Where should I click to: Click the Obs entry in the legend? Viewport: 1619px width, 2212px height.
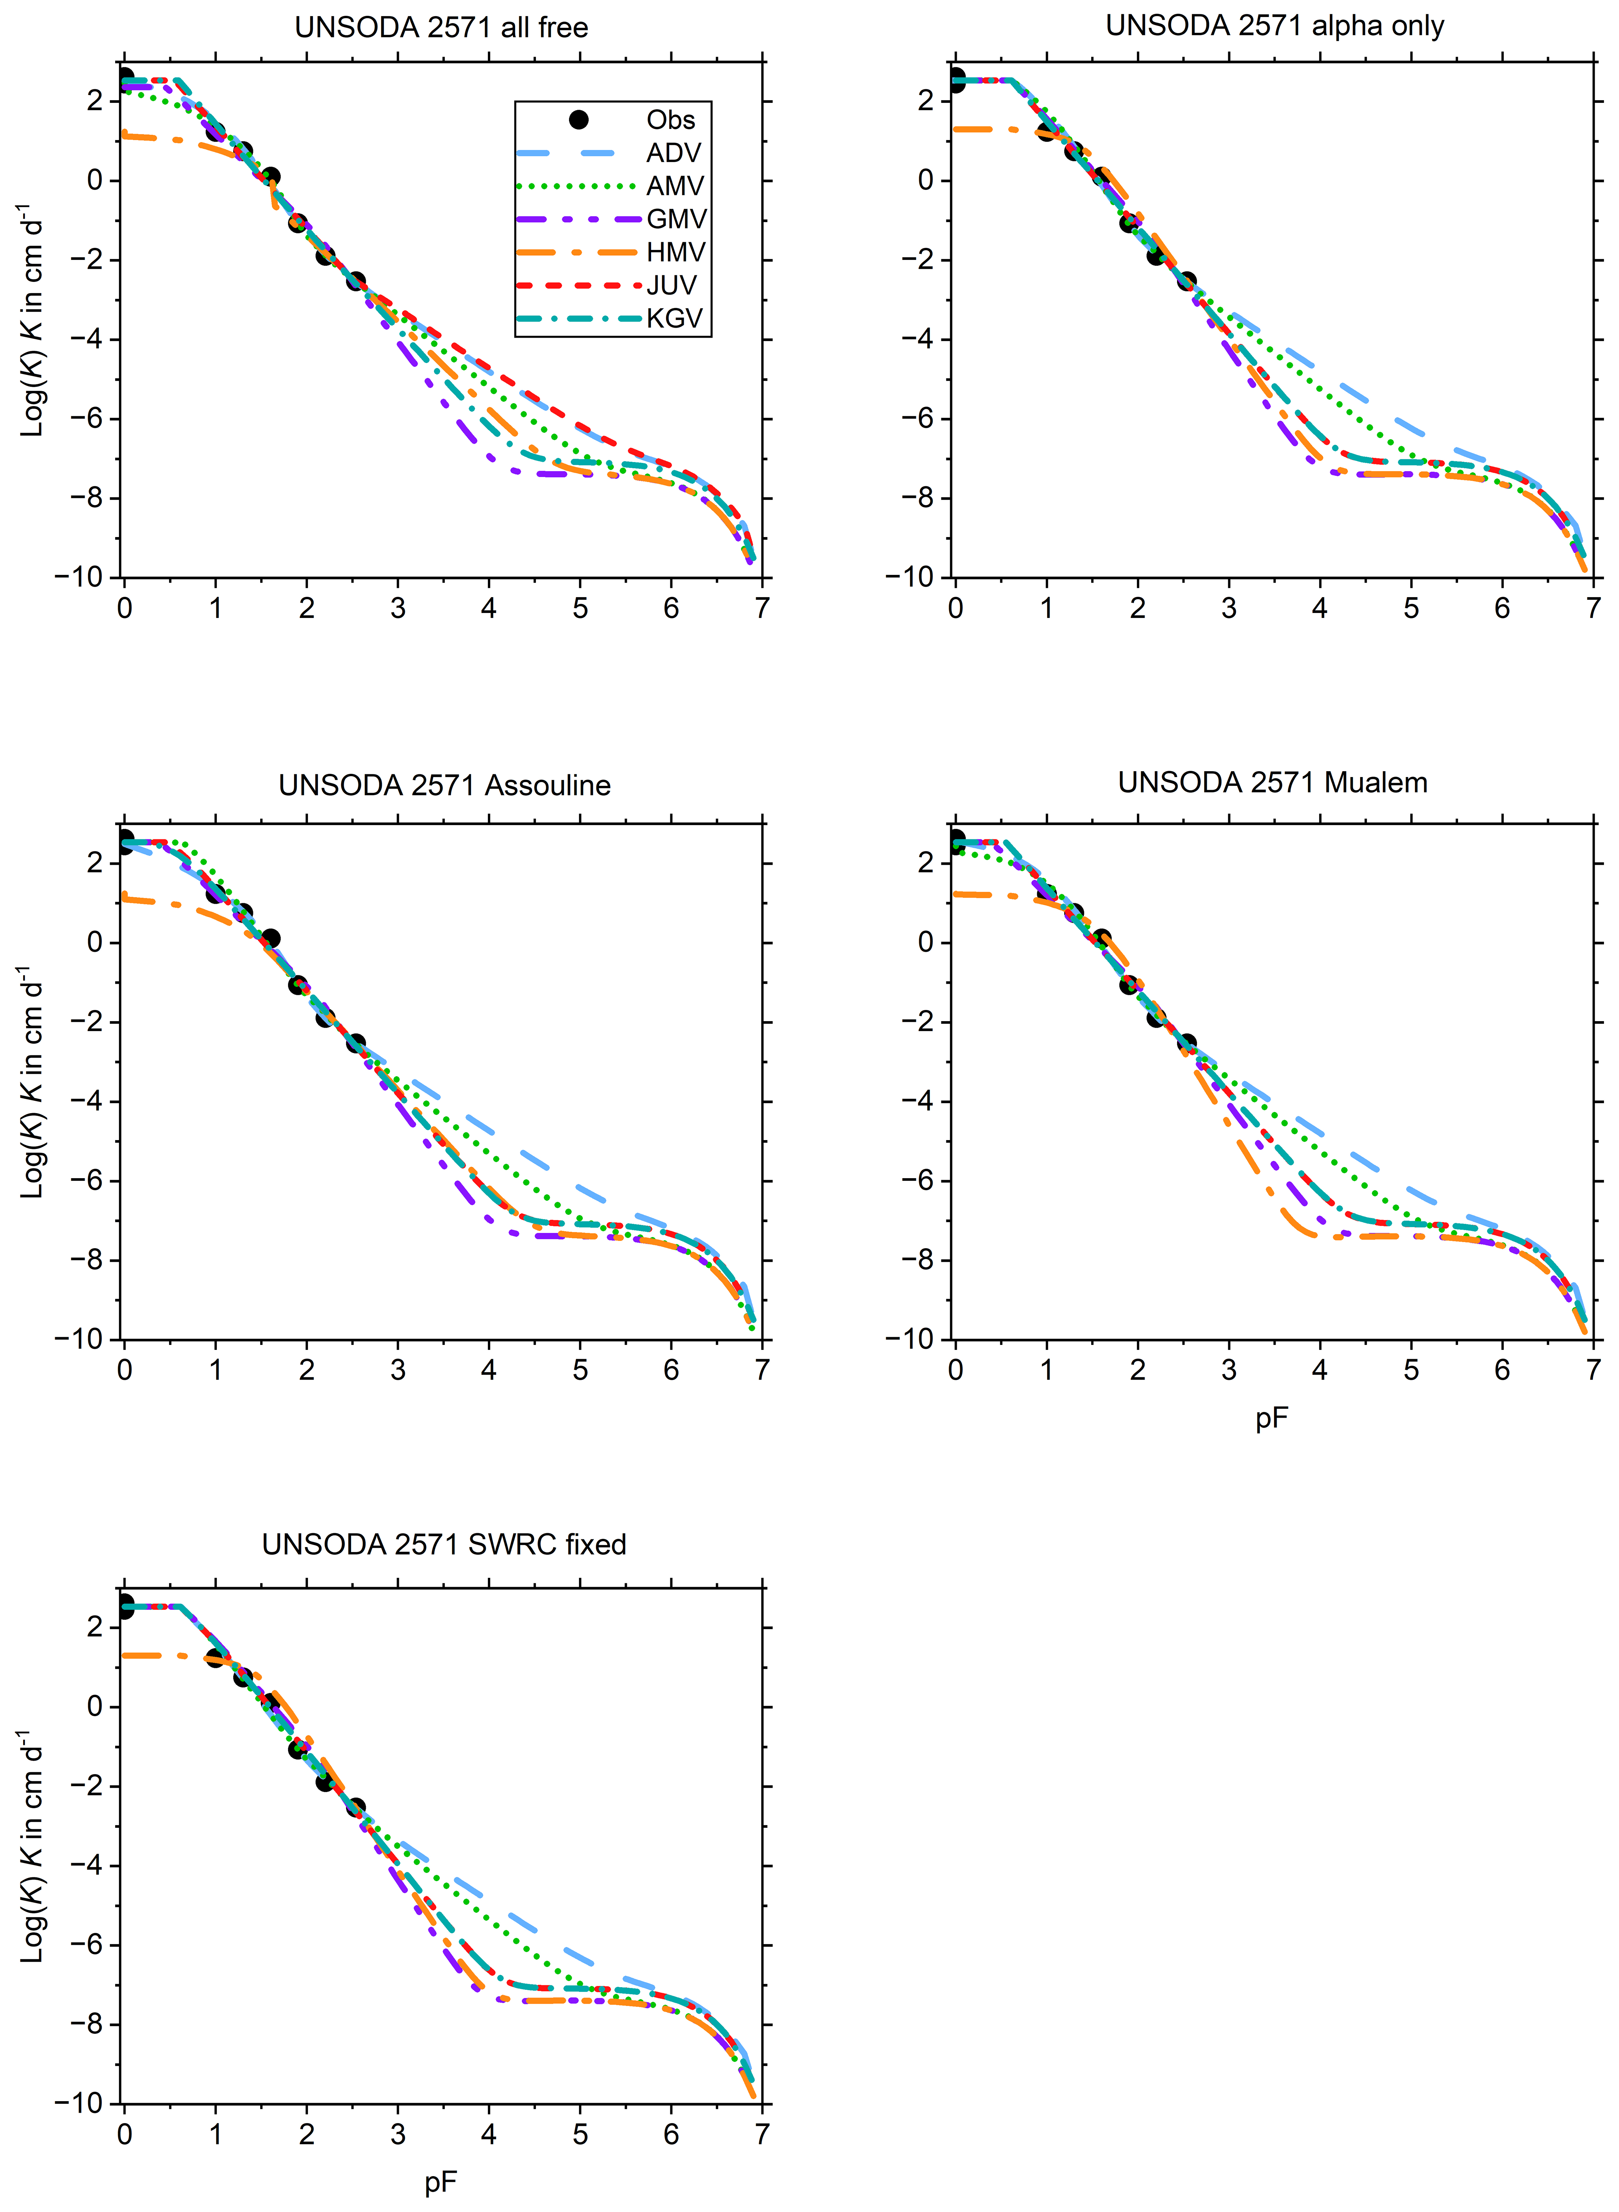click(670, 120)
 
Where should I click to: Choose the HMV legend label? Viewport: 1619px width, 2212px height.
click(675, 252)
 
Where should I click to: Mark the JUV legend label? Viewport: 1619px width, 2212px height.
click(671, 285)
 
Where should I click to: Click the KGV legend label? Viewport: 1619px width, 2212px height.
click(674, 318)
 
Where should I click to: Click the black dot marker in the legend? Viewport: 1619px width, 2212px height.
click(578, 120)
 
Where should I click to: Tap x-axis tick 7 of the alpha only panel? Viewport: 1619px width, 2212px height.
click(1594, 609)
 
